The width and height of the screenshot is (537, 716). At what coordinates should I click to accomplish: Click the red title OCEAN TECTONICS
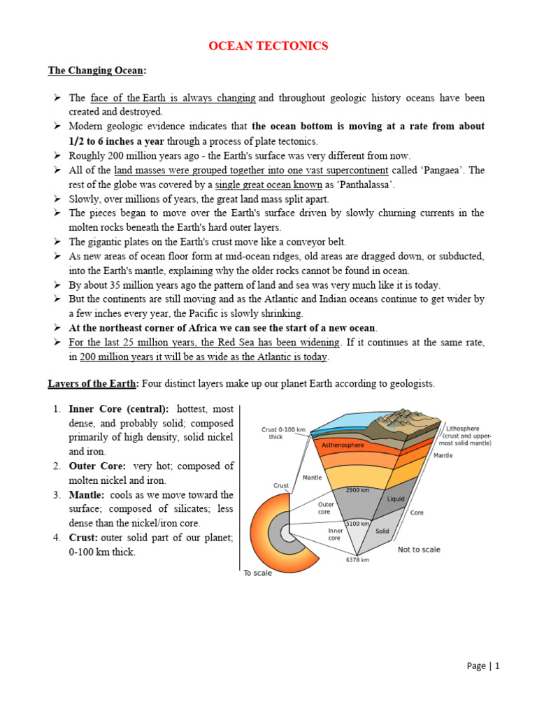tap(269, 46)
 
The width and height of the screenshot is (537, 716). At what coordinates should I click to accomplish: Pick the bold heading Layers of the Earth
tap(93, 384)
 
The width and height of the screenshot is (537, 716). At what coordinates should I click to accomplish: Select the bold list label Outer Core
tap(97, 466)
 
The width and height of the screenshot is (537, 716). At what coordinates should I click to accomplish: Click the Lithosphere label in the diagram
tap(468, 429)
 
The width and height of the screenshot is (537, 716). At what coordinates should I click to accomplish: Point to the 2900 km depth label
tap(357, 490)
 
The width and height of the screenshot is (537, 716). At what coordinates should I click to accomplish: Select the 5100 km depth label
tap(357, 523)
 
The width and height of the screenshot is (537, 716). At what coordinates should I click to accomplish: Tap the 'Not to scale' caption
tap(419, 550)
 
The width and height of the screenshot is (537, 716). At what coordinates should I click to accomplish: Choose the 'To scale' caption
tap(258, 573)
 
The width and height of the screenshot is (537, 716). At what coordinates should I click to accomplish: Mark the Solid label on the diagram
tap(382, 531)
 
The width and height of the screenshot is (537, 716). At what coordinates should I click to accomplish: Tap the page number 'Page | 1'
tap(483, 666)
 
